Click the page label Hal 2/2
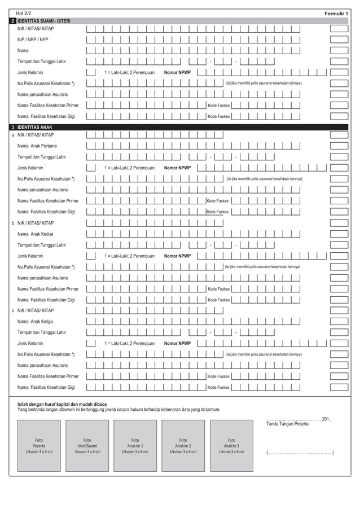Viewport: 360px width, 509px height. point(24,12)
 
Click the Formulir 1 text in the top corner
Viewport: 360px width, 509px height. point(336,12)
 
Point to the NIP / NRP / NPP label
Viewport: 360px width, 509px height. point(33,40)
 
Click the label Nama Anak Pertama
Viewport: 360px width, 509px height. point(37,146)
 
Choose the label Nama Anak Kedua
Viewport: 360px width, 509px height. point(36,234)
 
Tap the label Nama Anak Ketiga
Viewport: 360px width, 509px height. point(36,321)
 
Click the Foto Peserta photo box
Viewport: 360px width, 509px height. point(39,446)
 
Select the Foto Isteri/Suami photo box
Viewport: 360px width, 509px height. point(87,446)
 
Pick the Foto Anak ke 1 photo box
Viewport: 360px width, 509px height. point(135,446)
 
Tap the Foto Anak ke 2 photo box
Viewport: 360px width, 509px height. point(183,446)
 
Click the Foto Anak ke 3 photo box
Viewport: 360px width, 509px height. point(231,446)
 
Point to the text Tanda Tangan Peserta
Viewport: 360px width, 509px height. point(287,424)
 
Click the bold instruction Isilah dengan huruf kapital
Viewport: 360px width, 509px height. point(62,404)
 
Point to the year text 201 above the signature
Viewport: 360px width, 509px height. point(326,419)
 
